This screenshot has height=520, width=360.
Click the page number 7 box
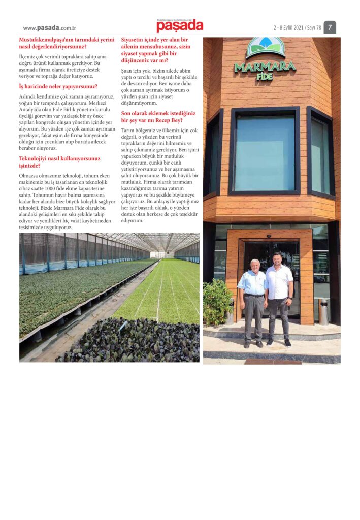click(x=330, y=27)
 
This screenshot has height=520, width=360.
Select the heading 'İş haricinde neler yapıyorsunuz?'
click(x=58, y=86)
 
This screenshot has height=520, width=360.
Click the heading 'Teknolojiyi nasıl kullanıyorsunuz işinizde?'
click(x=59, y=162)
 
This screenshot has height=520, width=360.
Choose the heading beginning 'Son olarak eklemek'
click(x=158, y=116)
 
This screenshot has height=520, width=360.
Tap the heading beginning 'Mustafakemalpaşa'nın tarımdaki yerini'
click(x=66, y=43)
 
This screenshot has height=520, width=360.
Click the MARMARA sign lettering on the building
click(x=265, y=66)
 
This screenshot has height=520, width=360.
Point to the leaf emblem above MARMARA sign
click(x=266, y=47)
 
